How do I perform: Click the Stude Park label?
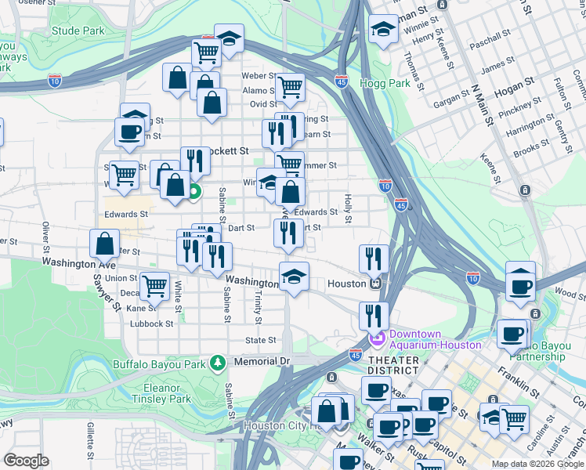tap(78, 31)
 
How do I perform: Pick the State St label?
tap(261, 340)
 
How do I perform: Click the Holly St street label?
tap(345, 208)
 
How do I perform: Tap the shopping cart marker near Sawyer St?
tap(154, 285)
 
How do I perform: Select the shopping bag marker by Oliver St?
tap(104, 243)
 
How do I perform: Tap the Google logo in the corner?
tap(26, 461)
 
